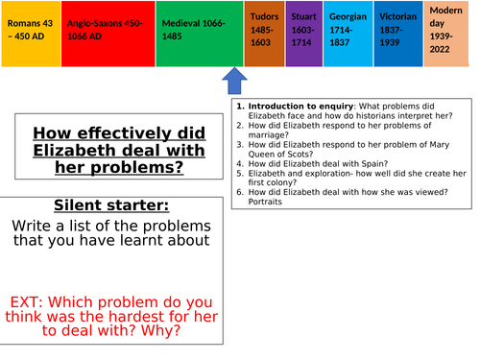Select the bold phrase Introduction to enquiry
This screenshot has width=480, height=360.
point(293,107)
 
